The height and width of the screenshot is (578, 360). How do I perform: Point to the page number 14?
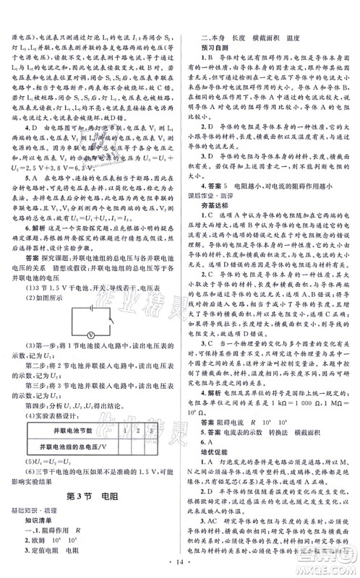point(180,561)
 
